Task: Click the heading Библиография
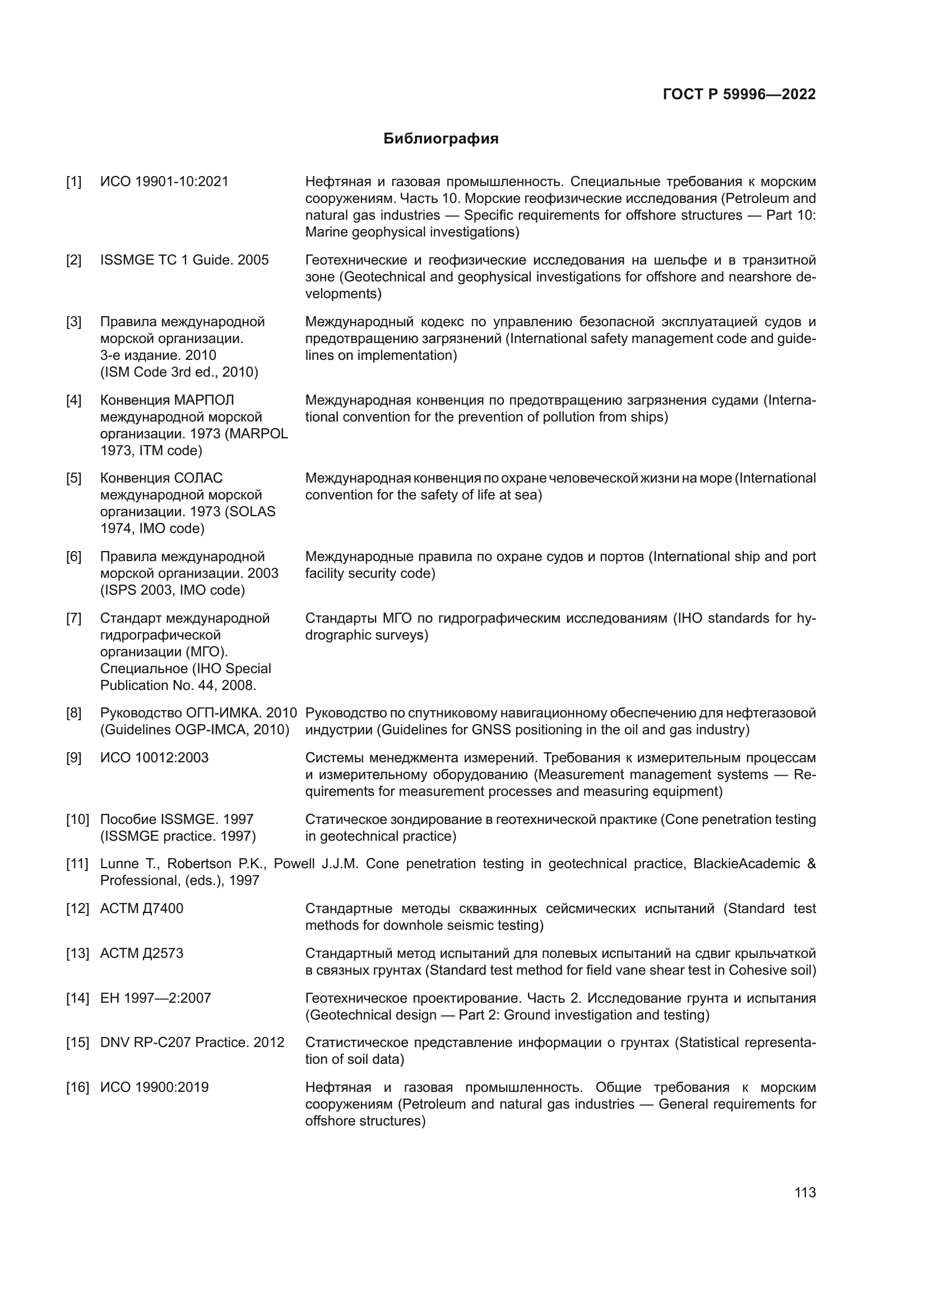click(441, 139)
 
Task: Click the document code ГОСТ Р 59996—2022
click(739, 94)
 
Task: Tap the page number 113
click(805, 1193)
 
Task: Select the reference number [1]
click(73, 182)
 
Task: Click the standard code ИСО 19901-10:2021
click(164, 182)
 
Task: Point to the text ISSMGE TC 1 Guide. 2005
click(184, 261)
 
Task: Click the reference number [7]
click(73, 618)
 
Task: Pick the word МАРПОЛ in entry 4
click(205, 400)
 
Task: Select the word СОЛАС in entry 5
click(198, 478)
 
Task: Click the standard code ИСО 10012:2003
click(155, 758)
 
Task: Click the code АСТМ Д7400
click(142, 909)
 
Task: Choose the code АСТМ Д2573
click(142, 953)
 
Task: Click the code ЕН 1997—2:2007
click(156, 998)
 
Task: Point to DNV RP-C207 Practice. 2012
click(192, 1043)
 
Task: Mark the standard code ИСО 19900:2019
click(155, 1087)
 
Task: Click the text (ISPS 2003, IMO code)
click(173, 590)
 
